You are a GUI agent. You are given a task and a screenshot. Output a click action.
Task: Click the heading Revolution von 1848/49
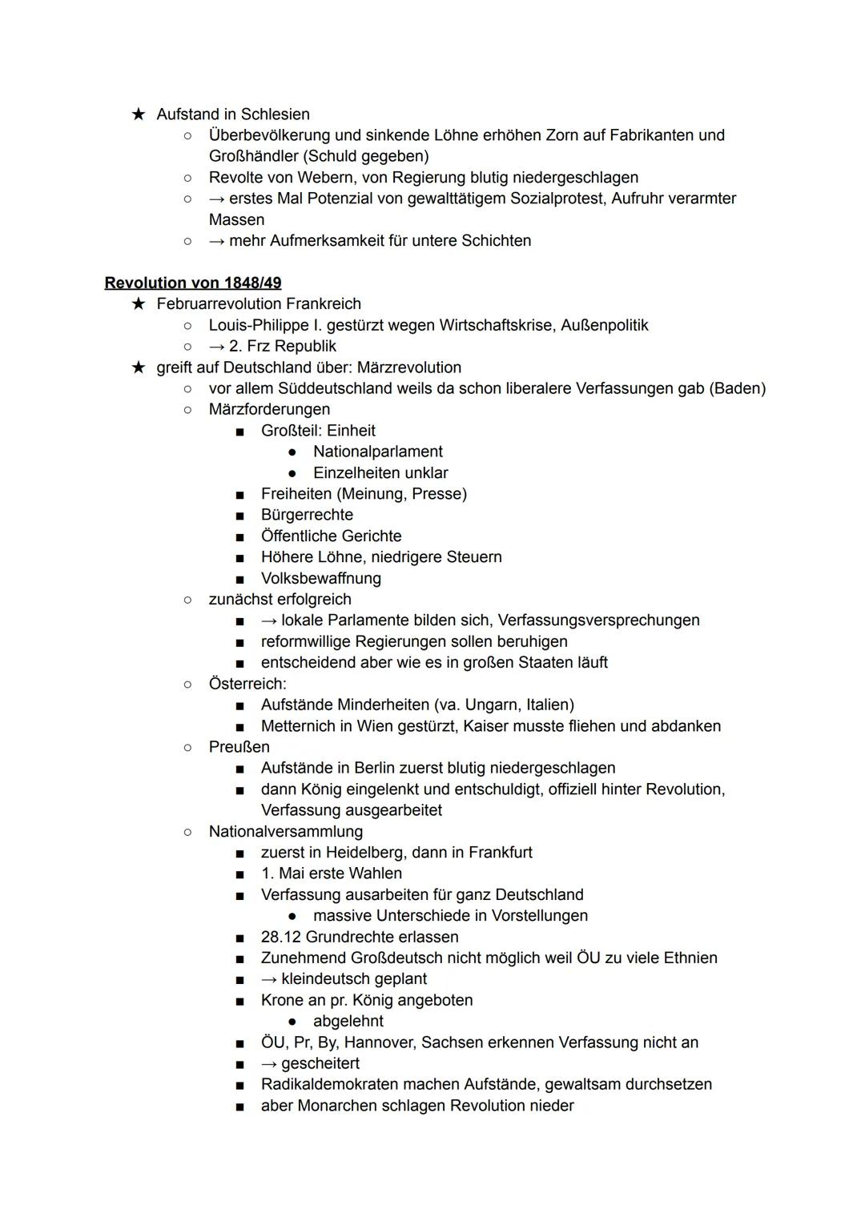coord(193,283)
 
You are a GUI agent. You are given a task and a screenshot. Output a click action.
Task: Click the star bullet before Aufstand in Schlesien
coord(139,114)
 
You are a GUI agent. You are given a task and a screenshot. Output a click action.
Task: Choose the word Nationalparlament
coord(377,452)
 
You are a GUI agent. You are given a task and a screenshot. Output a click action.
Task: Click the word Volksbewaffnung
coord(320,578)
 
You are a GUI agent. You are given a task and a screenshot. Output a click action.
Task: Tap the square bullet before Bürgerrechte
coord(239,516)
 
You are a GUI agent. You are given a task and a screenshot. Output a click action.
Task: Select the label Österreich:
coord(247,684)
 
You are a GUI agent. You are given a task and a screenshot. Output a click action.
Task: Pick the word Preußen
coord(239,747)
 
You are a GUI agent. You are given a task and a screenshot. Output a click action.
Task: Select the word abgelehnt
coord(348,1022)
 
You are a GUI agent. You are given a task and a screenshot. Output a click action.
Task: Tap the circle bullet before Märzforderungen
coord(187,410)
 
